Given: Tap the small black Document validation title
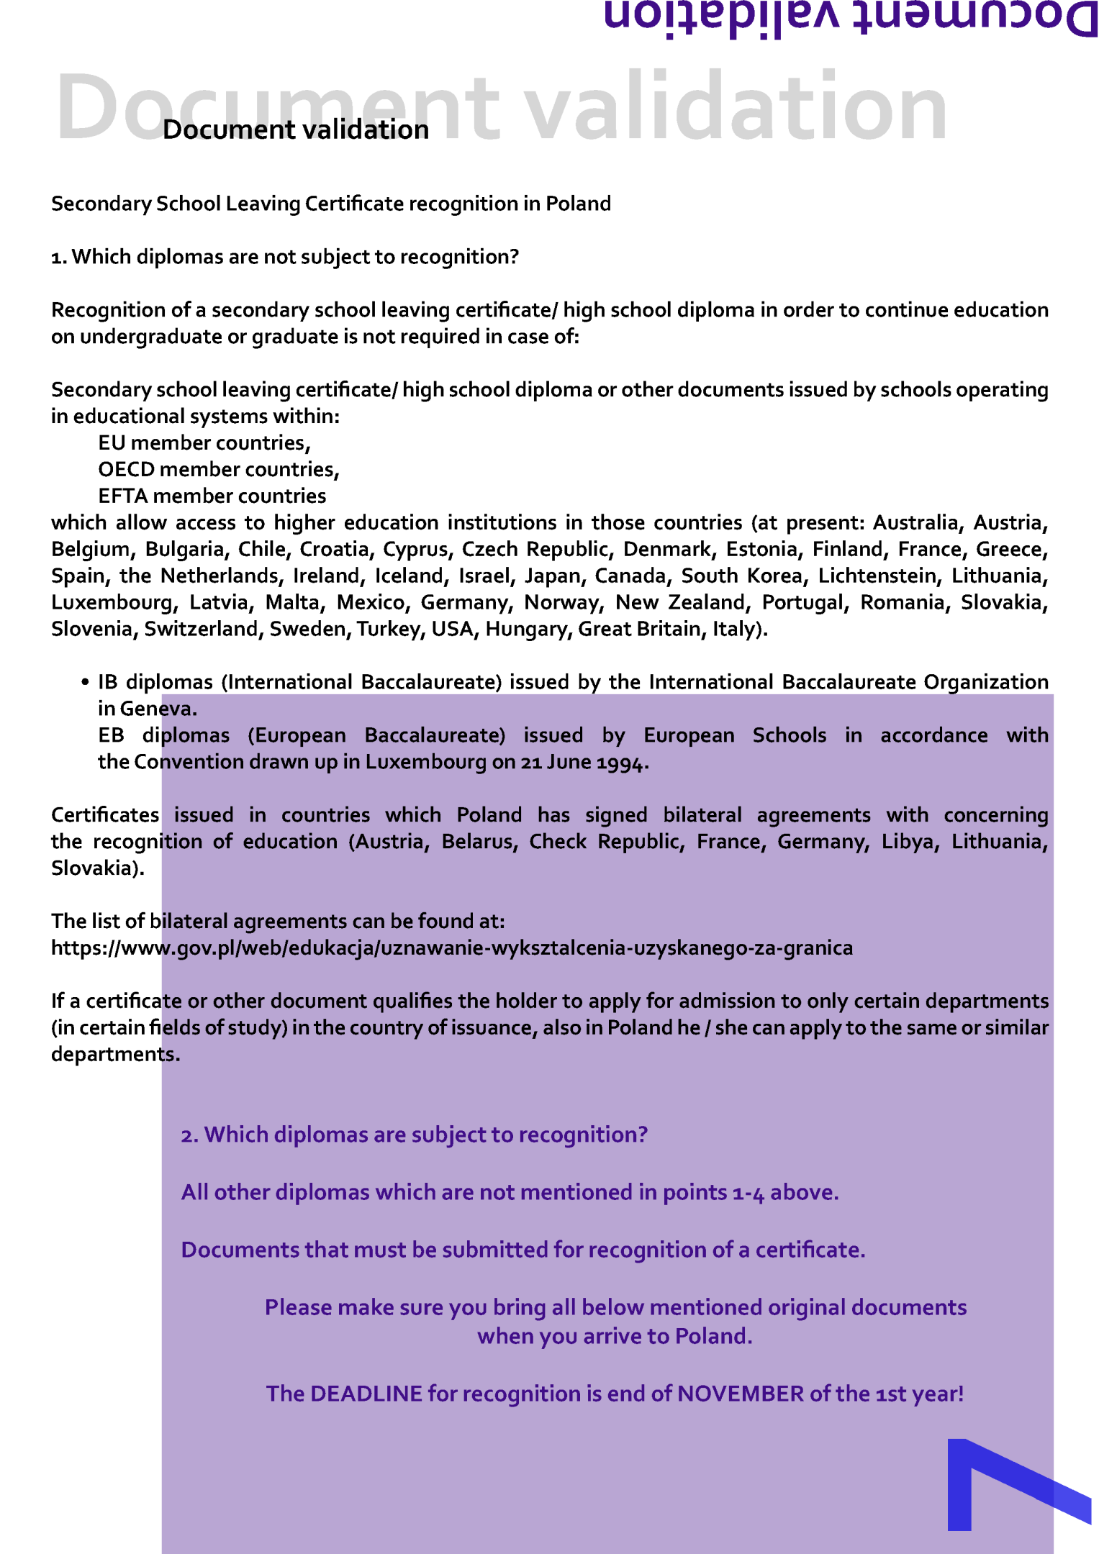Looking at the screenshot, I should (x=296, y=130).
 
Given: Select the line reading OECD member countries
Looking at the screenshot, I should (x=219, y=470).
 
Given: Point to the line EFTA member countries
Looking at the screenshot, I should (x=212, y=496).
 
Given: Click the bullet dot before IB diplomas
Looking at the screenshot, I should (x=85, y=682).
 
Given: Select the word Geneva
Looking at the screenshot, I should (x=158, y=709).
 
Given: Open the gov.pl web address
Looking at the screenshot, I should (x=451, y=948).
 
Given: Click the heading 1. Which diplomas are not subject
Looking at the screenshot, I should (x=285, y=257).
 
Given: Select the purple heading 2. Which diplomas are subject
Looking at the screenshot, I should (x=414, y=1135).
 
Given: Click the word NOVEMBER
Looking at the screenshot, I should (x=740, y=1394).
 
